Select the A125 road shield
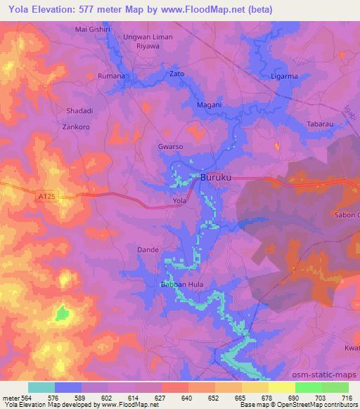point(46,199)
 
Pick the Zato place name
point(177,73)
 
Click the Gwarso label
point(171,147)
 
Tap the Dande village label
point(148,249)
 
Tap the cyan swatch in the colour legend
point(41,387)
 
